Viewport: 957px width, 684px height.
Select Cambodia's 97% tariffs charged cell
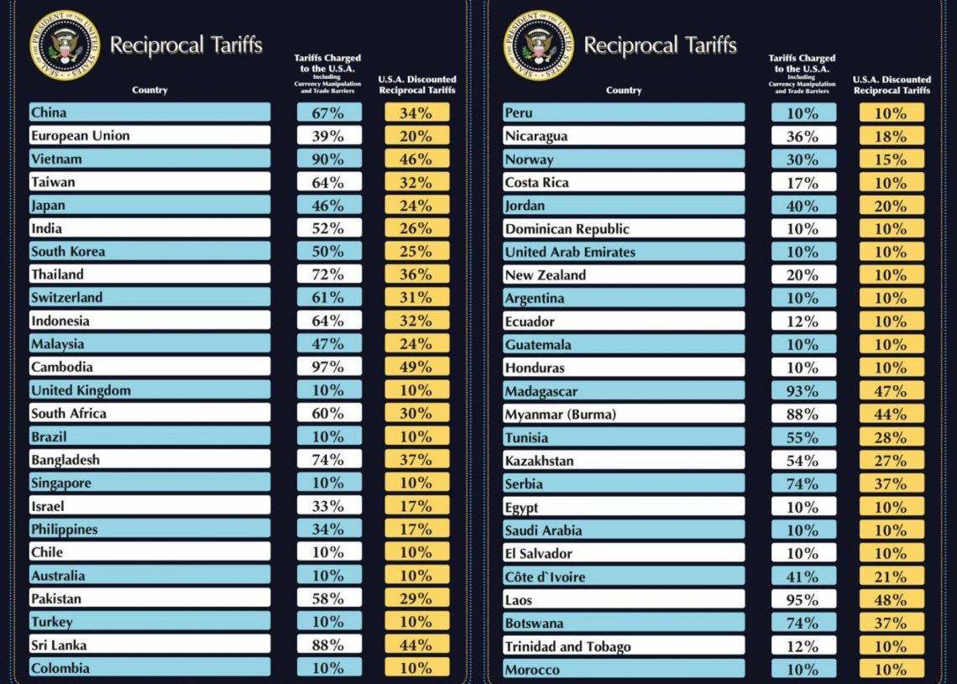click(329, 367)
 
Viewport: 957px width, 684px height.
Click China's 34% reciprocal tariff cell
click(417, 112)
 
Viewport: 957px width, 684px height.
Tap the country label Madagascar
click(541, 391)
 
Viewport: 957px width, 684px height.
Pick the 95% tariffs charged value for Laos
click(803, 600)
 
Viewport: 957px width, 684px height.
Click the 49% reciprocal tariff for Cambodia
click(417, 367)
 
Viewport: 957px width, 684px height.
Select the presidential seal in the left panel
click(65, 45)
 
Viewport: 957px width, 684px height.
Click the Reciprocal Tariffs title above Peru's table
click(660, 45)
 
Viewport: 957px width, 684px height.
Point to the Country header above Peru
click(624, 91)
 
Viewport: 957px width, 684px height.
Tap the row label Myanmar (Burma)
click(561, 415)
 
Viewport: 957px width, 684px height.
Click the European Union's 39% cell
click(329, 136)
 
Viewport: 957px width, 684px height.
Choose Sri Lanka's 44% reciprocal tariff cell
click(417, 645)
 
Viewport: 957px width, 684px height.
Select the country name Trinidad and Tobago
click(567, 646)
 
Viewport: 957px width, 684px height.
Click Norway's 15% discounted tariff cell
click(891, 159)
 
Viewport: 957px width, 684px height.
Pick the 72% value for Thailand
click(329, 274)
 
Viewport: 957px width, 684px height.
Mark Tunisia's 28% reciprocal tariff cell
click(891, 437)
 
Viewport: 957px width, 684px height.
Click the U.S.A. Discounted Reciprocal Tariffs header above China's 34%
click(417, 85)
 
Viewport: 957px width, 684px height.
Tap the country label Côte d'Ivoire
click(545, 577)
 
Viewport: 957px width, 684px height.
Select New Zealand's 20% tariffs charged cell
click(803, 275)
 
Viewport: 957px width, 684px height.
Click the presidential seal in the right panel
click(538, 45)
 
